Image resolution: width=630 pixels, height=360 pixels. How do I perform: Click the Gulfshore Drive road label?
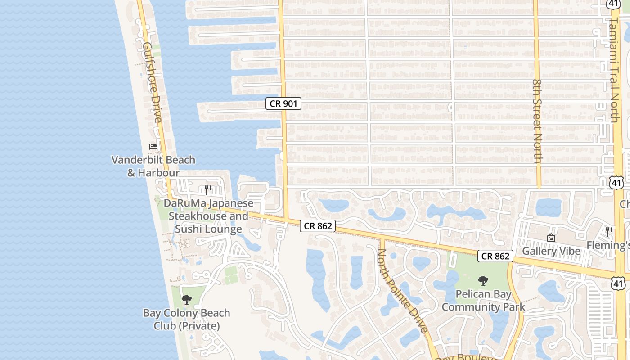(152, 82)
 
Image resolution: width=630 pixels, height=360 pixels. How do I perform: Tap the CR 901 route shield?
(283, 104)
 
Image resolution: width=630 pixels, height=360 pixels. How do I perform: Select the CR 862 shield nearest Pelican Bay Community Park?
(495, 256)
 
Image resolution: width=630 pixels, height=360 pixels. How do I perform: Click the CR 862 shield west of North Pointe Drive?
(318, 226)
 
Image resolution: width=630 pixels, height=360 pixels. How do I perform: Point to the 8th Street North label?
(537, 121)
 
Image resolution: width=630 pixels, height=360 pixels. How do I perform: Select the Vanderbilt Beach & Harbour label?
(153, 166)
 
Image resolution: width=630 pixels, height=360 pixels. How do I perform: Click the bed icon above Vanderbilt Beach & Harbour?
(153, 147)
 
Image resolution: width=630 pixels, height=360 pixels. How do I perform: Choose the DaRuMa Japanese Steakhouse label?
(208, 216)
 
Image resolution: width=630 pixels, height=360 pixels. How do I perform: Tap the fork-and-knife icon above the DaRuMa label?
(208, 189)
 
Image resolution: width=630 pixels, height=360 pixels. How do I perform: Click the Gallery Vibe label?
(551, 251)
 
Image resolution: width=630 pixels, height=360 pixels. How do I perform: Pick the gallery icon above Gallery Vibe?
(551, 238)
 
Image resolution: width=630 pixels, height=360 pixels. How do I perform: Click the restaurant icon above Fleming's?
(609, 232)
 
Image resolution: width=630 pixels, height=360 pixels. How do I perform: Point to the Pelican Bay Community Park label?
(483, 301)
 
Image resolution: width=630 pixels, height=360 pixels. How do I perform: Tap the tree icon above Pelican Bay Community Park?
(483, 281)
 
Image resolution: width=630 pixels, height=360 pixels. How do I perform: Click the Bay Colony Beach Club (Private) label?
(187, 319)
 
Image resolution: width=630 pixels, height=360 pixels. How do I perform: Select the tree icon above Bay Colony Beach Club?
(187, 299)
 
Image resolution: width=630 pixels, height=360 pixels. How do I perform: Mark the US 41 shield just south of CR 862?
(618, 283)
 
